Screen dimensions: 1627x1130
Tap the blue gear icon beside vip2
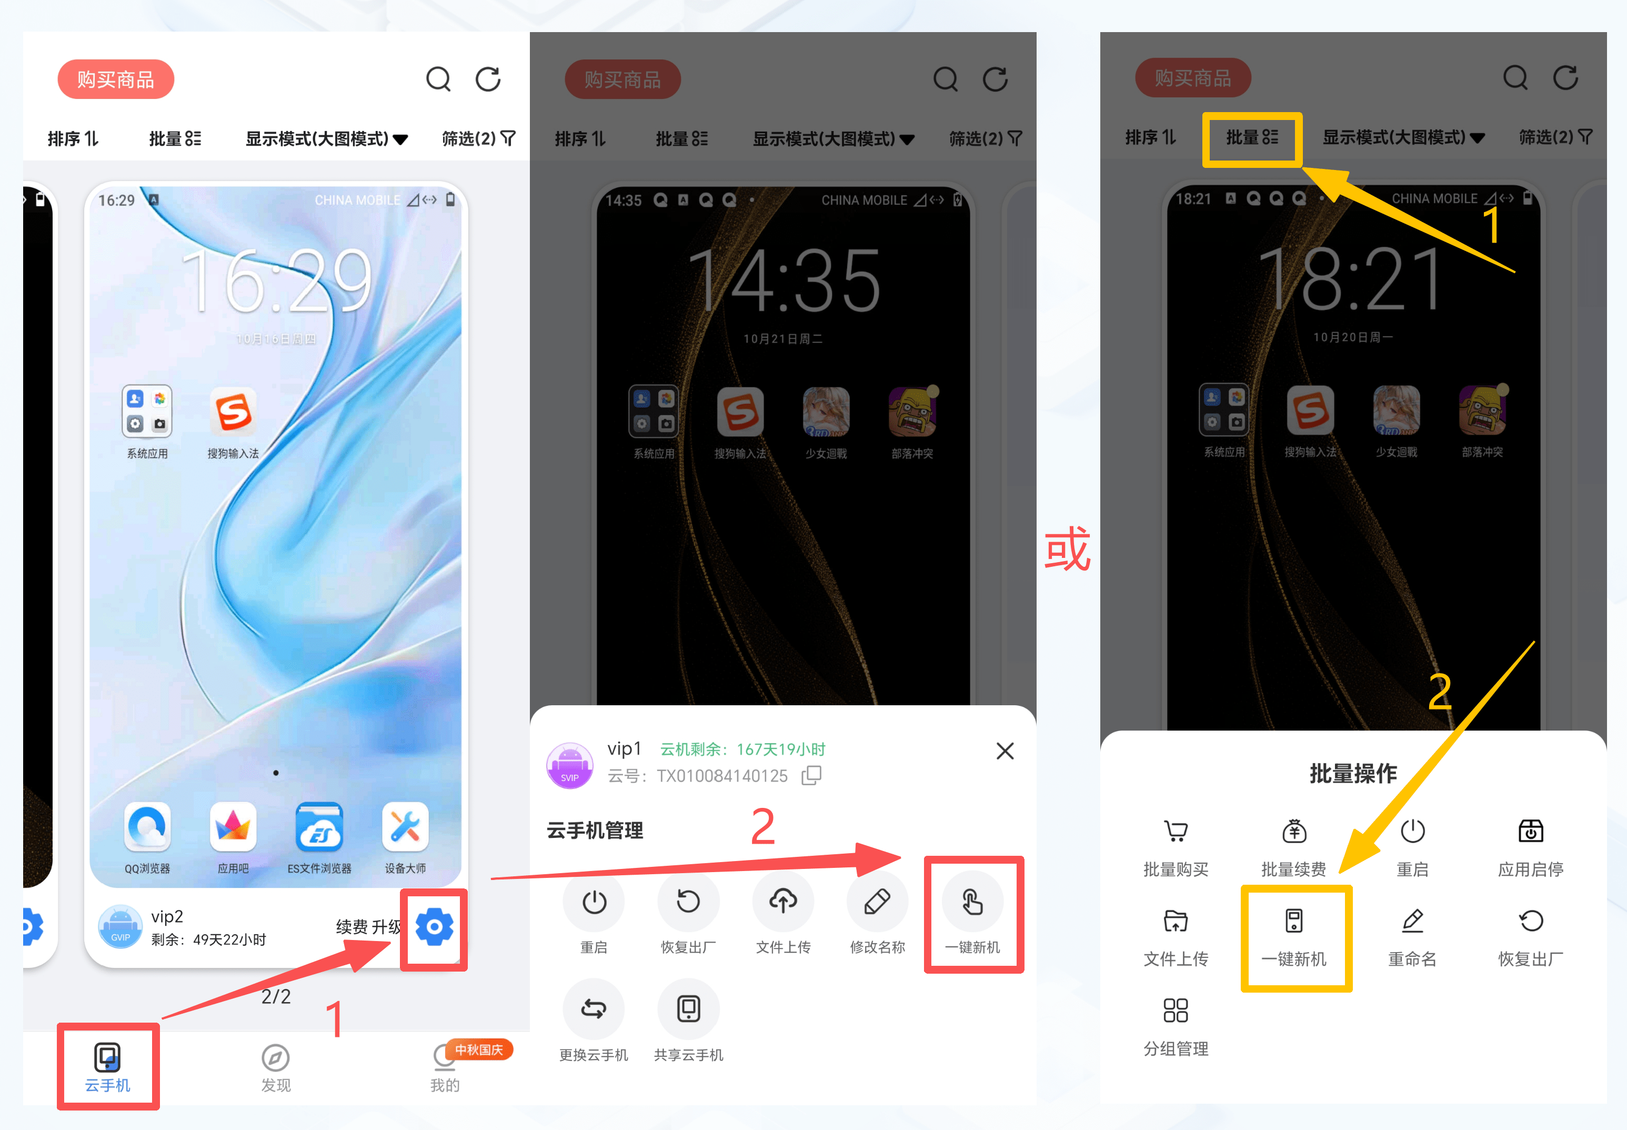pyautogui.click(x=434, y=927)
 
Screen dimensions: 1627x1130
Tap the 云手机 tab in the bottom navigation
pyautogui.click(x=107, y=1067)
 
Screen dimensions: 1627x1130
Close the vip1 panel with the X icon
pyautogui.click(x=1005, y=751)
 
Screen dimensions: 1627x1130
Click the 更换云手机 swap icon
pyautogui.click(x=593, y=1009)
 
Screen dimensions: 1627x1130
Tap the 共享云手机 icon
pyautogui.click(x=688, y=1009)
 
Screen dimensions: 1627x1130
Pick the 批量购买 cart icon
pyautogui.click(x=1176, y=831)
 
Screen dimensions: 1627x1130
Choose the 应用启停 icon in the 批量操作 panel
pyautogui.click(x=1530, y=831)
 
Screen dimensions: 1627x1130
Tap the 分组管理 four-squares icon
pyautogui.click(x=1176, y=1011)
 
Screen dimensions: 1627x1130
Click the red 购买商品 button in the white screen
pyautogui.click(x=115, y=79)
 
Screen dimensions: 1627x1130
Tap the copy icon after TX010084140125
pyautogui.click(x=811, y=775)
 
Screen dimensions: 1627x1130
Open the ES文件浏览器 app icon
pyautogui.click(x=319, y=826)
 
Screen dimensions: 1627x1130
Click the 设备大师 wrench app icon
pyautogui.click(x=405, y=826)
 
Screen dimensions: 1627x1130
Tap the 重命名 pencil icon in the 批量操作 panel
pyautogui.click(x=1412, y=921)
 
